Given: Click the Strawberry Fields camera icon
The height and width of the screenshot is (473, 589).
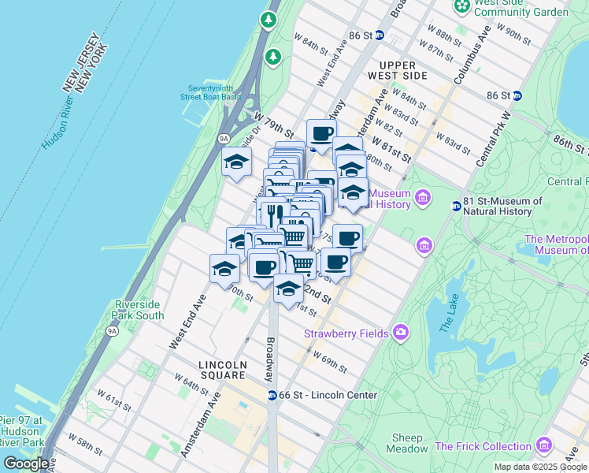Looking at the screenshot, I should (x=401, y=333).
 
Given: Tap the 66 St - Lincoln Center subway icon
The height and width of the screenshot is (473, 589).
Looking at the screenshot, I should (x=272, y=395).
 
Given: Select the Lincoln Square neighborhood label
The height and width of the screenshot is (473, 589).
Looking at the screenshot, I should (x=222, y=370).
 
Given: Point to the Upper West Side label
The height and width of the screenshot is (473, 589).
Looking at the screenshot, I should (x=402, y=70).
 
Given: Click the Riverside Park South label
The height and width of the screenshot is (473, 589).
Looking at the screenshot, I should (x=139, y=310).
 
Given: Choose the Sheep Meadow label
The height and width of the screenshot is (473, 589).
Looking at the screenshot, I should (x=407, y=443).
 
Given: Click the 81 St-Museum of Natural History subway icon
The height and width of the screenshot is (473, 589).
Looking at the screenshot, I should (x=456, y=207).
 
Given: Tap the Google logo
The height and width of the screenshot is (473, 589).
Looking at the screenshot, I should (x=26, y=464).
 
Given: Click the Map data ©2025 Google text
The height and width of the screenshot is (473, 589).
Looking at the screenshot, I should (x=539, y=467).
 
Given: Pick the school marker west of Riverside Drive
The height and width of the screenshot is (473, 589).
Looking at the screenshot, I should (x=236, y=163).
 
